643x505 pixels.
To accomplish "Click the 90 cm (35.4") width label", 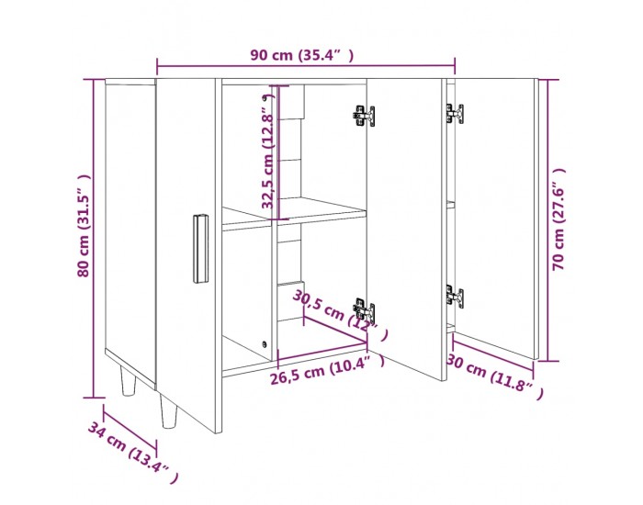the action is click(302, 55).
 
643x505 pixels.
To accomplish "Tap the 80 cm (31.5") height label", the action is click(84, 226).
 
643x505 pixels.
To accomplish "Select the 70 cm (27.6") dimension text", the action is click(558, 219).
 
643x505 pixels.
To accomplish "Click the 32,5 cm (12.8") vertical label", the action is click(268, 151).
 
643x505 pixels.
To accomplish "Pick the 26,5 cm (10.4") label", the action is click(327, 370).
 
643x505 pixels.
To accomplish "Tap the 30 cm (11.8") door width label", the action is click(495, 376).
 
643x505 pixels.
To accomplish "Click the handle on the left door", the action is click(200, 249).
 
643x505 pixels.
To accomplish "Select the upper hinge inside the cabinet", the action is click(364, 116).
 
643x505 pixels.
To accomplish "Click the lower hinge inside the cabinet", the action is click(364, 310).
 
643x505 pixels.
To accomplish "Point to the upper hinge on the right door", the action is click(455, 114).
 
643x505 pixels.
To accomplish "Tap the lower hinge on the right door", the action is click(455, 297).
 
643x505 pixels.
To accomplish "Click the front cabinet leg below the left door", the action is click(168, 411).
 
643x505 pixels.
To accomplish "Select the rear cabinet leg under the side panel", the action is click(128, 381).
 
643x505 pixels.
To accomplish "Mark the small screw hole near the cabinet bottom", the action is click(265, 344).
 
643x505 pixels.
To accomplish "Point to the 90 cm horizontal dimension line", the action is click(306, 65).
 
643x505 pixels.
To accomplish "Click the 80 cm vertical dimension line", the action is click(94, 238).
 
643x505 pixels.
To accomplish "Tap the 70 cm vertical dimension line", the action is click(548, 220).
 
